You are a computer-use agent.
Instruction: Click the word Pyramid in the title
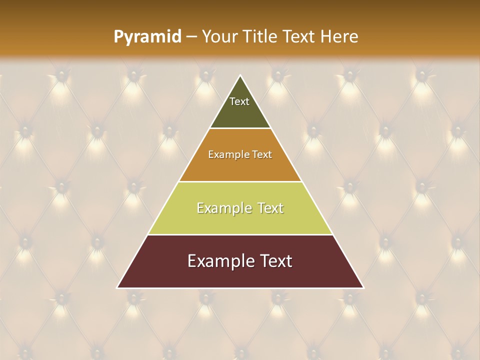[x=147, y=37]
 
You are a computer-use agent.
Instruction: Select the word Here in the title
[x=339, y=36]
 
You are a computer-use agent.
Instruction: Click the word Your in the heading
[x=219, y=37]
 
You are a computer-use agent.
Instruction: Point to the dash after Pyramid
[x=191, y=37]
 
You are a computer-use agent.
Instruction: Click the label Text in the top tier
[x=239, y=101]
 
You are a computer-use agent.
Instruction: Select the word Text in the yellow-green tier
[x=267, y=208]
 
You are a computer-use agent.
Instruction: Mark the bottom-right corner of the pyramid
[x=363, y=287]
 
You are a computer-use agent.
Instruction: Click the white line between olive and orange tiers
[x=240, y=128]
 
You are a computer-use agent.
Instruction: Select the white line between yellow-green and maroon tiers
[x=240, y=234]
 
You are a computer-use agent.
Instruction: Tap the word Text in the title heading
[x=298, y=36]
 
